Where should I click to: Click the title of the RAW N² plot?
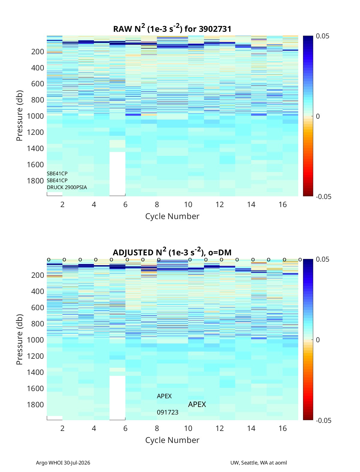pos(172,28)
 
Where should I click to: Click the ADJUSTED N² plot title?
pos(172,252)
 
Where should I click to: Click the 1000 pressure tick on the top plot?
pos(35,116)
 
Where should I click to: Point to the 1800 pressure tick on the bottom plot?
pos(35,405)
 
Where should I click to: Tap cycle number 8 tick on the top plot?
pos(157,204)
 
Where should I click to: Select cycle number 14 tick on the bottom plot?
pos(251,428)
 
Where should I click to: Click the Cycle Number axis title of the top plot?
pos(172,216)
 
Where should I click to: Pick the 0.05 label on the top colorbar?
pos(322,36)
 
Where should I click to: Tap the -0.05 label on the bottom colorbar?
pos(324,420)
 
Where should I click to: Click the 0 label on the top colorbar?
pos(318,116)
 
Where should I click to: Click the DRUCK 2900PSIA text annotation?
pos(67,187)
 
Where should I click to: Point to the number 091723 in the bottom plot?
pos(168,412)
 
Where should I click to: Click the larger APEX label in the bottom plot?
pos(197,405)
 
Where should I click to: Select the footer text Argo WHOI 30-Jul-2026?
pos(63,462)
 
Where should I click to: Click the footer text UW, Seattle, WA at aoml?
pos(258,462)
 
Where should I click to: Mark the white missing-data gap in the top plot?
pos(117,174)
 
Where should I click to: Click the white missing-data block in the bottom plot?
pos(117,398)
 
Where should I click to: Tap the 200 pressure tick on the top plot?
pos(38,52)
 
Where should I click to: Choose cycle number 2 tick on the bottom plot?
pos(62,428)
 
